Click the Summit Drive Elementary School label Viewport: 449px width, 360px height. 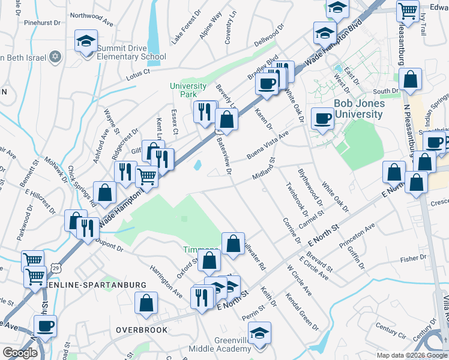pyautogui.click(x=131, y=52)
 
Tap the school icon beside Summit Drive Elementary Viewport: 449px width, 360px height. pyautogui.click(x=86, y=41)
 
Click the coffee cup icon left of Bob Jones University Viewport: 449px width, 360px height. pyautogui.click(x=322, y=119)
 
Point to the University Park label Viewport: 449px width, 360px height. pyautogui.click(x=188, y=91)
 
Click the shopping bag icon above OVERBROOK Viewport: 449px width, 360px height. pyautogui.click(x=146, y=304)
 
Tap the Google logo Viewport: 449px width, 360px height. pyautogui.click(x=20, y=353)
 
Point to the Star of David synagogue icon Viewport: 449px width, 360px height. pyautogui.click(x=55, y=57)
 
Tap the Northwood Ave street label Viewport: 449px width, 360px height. pyautogui.click(x=91, y=19)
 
